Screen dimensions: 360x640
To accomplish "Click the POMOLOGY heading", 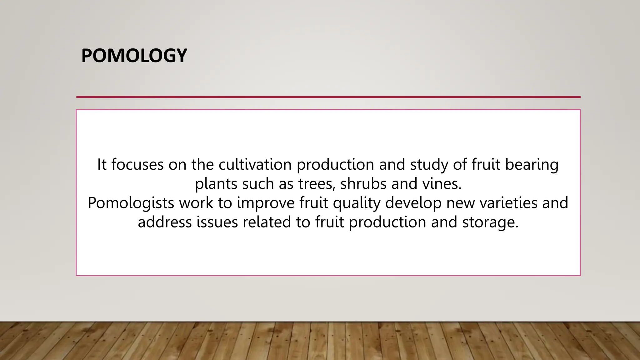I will [x=134, y=56].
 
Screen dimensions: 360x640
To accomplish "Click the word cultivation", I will [x=255, y=164].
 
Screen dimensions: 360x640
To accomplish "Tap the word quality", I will [x=357, y=203].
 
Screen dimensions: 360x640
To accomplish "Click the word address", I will [x=165, y=222].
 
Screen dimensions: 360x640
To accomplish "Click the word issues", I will [x=217, y=222].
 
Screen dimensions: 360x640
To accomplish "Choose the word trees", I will [x=317, y=184].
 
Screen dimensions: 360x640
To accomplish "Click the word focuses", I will [x=137, y=164].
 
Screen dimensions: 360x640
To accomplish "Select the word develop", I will [x=413, y=203].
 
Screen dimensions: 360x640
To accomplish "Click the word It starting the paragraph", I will [x=102, y=164].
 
